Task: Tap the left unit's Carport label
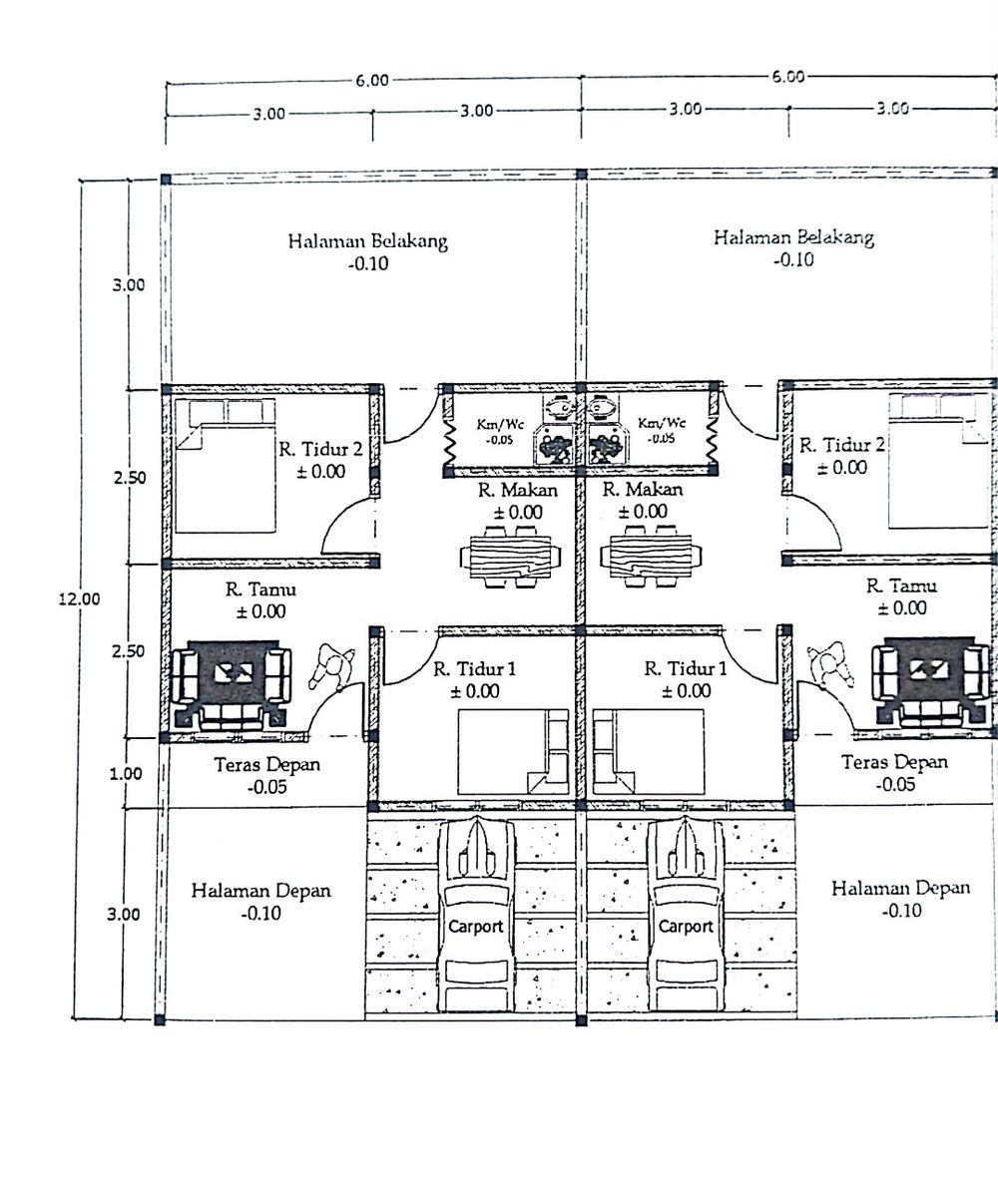pyautogui.click(x=475, y=926)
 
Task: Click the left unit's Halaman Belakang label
pyautogui.click(x=368, y=240)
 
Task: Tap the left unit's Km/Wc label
pyautogui.click(x=499, y=424)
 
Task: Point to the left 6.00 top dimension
pyautogui.click(x=371, y=81)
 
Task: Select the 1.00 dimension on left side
pyautogui.click(x=127, y=773)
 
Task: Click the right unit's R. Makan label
pyautogui.click(x=643, y=490)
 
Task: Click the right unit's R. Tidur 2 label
pyautogui.click(x=841, y=445)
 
